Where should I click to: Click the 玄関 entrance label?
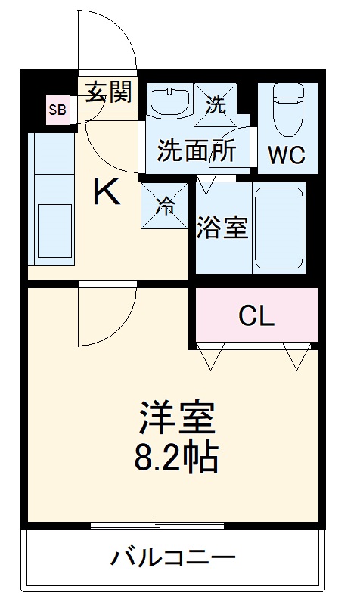point(108,93)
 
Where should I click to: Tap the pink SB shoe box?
point(57,110)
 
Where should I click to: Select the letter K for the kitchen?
point(106,194)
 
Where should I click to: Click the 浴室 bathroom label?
point(223,228)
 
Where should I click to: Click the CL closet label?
point(256,316)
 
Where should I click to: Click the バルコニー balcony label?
point(173,559)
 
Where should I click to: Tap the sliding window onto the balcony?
point(157,525)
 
